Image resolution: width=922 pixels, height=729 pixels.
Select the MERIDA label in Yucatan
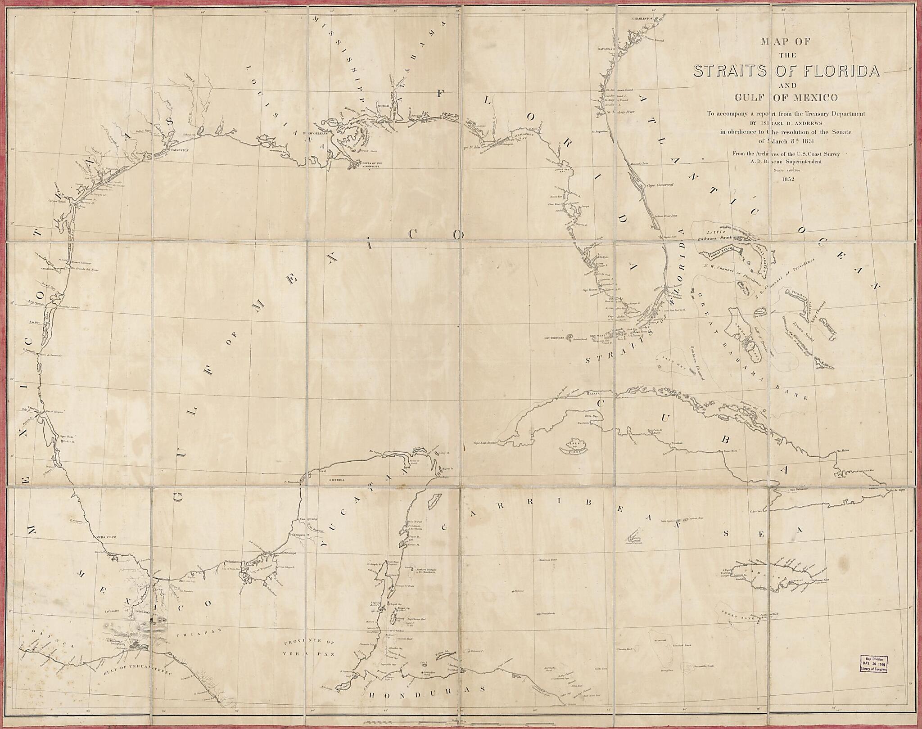338,480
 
